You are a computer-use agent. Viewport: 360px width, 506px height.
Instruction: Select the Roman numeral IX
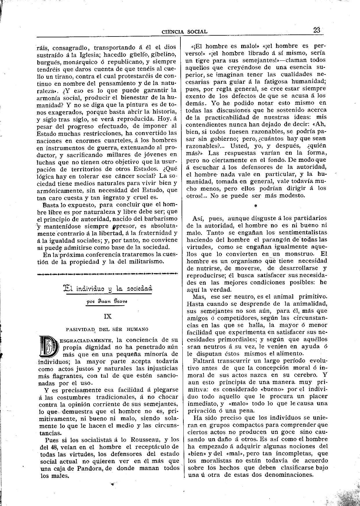pyautogui.click(x=108, y=317)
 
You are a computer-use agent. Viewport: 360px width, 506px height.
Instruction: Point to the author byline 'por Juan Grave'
pyautogui.click(x=107, y=301)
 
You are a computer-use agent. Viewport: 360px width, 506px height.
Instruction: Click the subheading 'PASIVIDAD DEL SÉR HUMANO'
pyautogui.click(x=107, y=329)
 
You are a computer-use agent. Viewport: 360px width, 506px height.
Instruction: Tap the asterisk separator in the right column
pyautogui.click(x=255, y=206)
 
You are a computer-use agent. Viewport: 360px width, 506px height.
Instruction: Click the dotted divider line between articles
pyautogui.click(x=107, y=273)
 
